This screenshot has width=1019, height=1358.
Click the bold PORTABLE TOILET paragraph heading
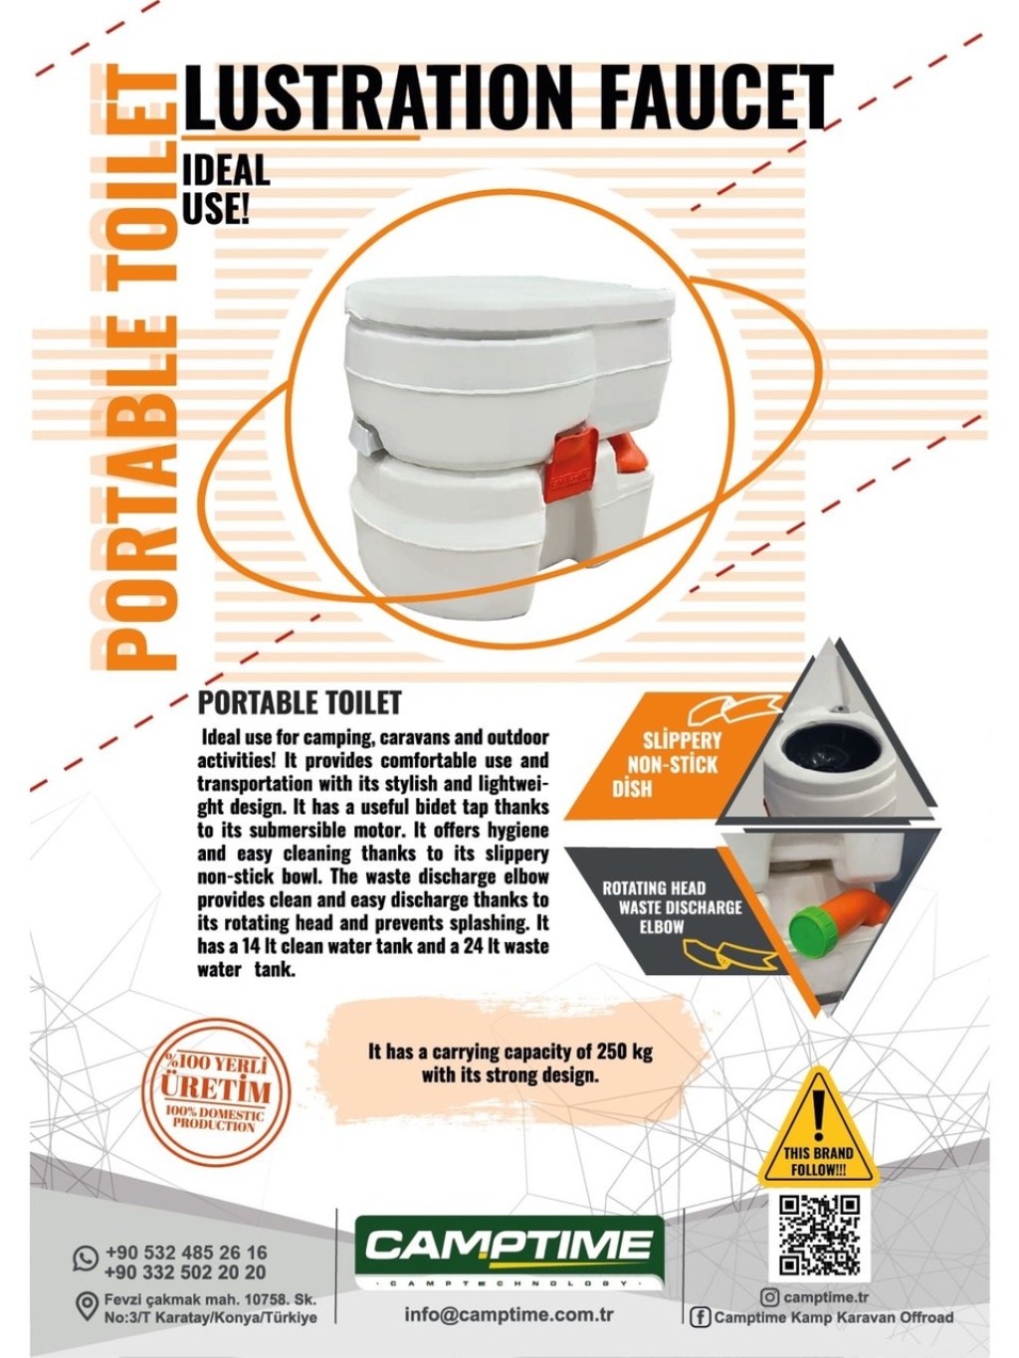pos(300,702)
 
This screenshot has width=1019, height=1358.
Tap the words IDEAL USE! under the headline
pos(226,187)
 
